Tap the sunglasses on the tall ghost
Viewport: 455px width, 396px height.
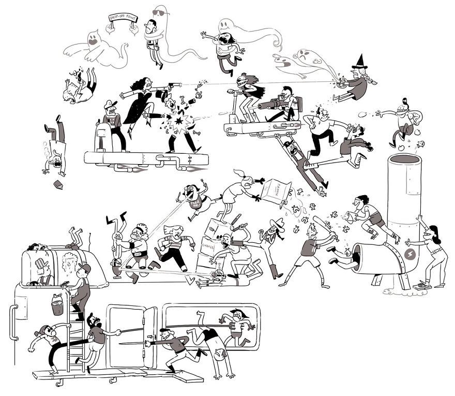pyautogui.click(x=160, y=12)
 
